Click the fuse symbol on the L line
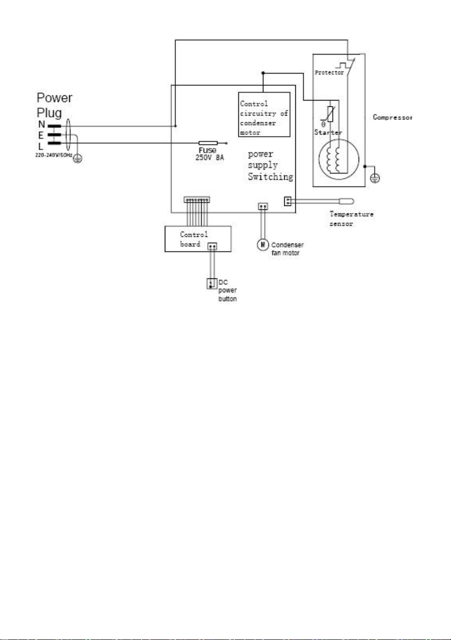click(x=208, y=143)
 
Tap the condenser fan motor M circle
click(x=262, y=245)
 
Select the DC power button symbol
click(x=212, y=283)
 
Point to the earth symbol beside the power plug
click(x=77, y=158)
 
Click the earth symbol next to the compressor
click(x=375, y=178)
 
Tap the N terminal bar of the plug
click(x=54, y=126)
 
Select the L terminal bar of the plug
click(x=54, y=143)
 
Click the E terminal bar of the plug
click(x=54, y=134)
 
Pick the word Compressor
click(x=393, y=117)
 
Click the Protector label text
click(x=329, y=73)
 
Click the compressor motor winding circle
click(x=339, y=160)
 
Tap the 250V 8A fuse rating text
click(x=210, y=158)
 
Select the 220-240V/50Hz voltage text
click(x=54, y=155)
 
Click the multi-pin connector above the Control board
click(x=197, y=200)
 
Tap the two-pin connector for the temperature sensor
click(x=288, y=201)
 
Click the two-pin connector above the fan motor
click(x=263, y=206)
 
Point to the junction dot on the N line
click(x=175, y=126)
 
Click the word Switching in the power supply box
click(x=270, y=177)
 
